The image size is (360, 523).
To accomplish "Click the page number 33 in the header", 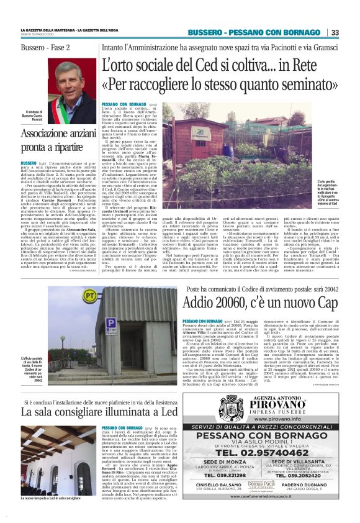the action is tap(335, 32).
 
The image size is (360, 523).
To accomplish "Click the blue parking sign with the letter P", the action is tap(110, 324).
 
